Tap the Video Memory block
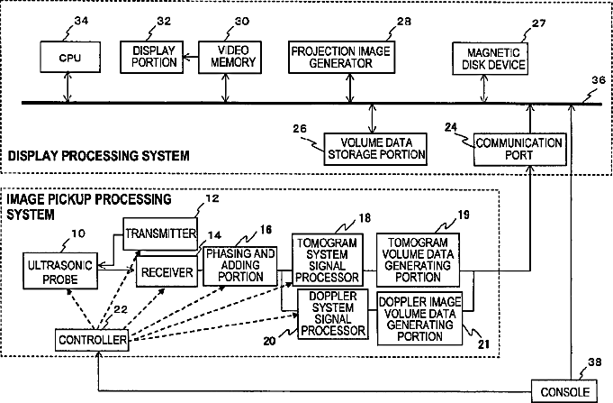tap(227, 58)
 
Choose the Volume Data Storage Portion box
tap(374, 148)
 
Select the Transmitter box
tap(160, 233)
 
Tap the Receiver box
tap(166, 271)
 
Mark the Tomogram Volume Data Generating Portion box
tap(419, 261)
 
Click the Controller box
tap(92, 341)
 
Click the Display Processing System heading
tap(98, 156)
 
